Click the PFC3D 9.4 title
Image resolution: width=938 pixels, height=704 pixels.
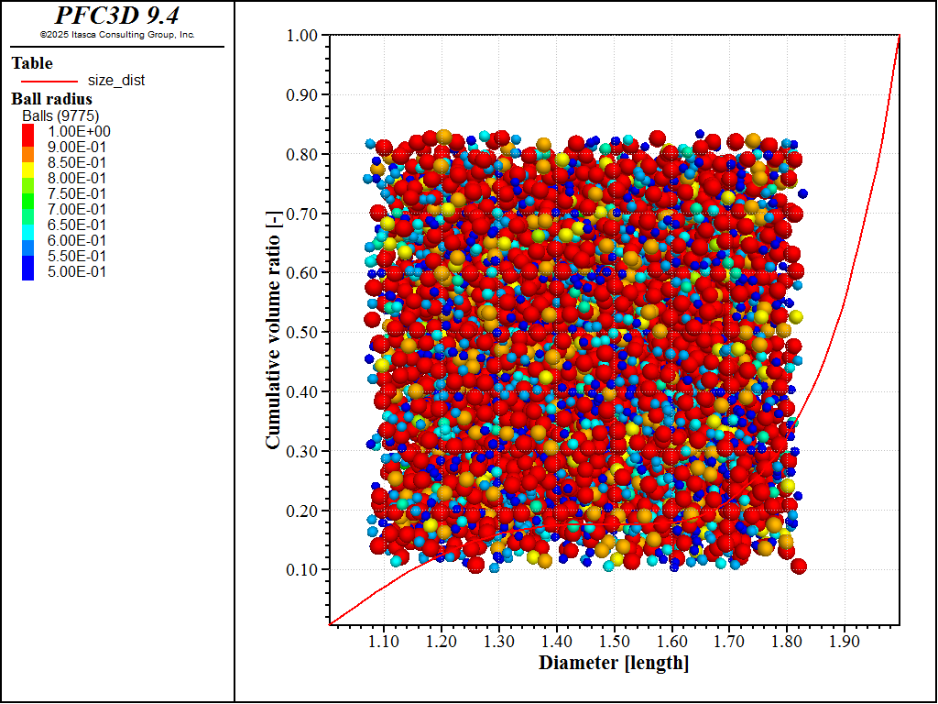[x=117, y=16]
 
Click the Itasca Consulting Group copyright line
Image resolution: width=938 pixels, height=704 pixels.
[x=117, y=35]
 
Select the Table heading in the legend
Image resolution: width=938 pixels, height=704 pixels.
[x=32, y=63]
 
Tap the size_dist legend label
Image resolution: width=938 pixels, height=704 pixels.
[x=116, y=81]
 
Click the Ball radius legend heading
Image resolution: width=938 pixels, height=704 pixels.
[x=51, y=99]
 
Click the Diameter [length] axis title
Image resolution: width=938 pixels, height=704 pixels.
[x=614, y=663]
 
